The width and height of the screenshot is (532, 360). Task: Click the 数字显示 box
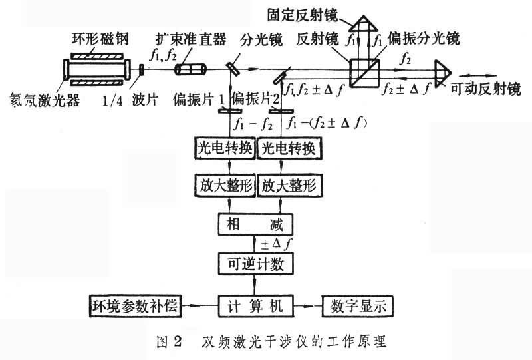click(x=356, y=305)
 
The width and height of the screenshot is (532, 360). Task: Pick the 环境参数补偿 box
click(x=136, y=305)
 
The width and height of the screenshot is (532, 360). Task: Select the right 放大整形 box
click(x=289, y=184)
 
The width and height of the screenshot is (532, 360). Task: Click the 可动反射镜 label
click(x=492, y=88)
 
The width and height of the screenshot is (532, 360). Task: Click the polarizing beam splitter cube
click(x=364, y=68)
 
